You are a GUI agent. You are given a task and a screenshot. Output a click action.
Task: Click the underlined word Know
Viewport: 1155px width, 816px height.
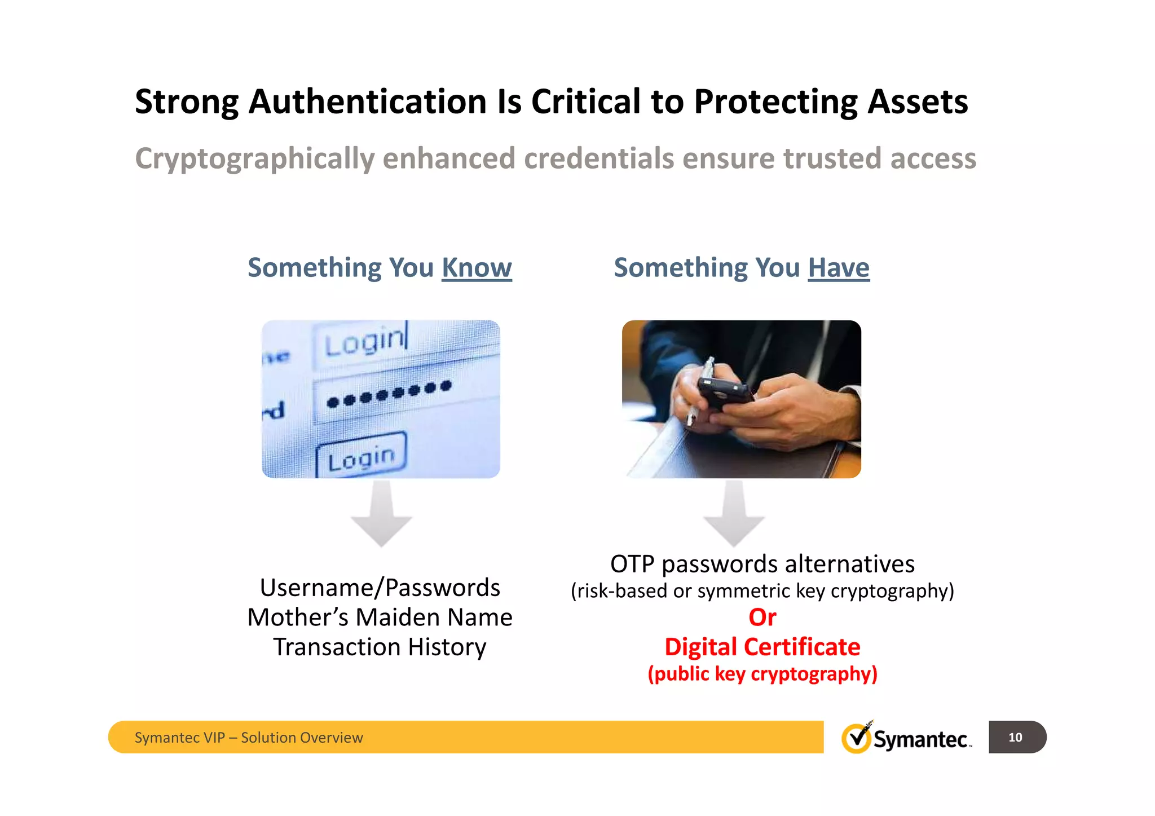click(477, 268)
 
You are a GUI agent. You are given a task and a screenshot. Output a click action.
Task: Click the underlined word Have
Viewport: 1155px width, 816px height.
click(839, 268)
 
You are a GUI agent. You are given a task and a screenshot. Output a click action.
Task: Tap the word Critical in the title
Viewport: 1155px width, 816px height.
click(585, 102)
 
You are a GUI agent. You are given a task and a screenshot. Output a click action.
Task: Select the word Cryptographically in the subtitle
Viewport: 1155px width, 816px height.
click(254, 159)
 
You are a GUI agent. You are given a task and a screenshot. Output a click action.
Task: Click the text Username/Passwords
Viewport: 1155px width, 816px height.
click(380, 588)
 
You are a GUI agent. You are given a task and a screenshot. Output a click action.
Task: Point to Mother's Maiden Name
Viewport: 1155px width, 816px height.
click(380, 617)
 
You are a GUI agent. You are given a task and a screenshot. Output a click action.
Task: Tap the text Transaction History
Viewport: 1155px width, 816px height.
click(380, 647)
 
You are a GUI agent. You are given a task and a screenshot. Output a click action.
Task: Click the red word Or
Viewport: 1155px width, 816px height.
click(762, 617)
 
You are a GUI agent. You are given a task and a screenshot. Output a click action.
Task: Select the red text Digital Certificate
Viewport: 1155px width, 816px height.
click(762, 647)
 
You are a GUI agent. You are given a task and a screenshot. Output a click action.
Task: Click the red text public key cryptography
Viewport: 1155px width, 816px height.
click(762, 674)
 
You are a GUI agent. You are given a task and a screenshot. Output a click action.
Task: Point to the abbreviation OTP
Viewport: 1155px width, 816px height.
click(632, 564)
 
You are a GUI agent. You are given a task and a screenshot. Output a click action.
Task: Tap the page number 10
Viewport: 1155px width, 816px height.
click(1015, 737)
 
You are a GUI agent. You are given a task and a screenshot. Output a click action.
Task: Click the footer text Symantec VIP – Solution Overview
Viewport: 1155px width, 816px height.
click(249, 738)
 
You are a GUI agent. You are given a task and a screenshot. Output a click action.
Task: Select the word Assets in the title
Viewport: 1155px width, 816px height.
click(918, 102)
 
